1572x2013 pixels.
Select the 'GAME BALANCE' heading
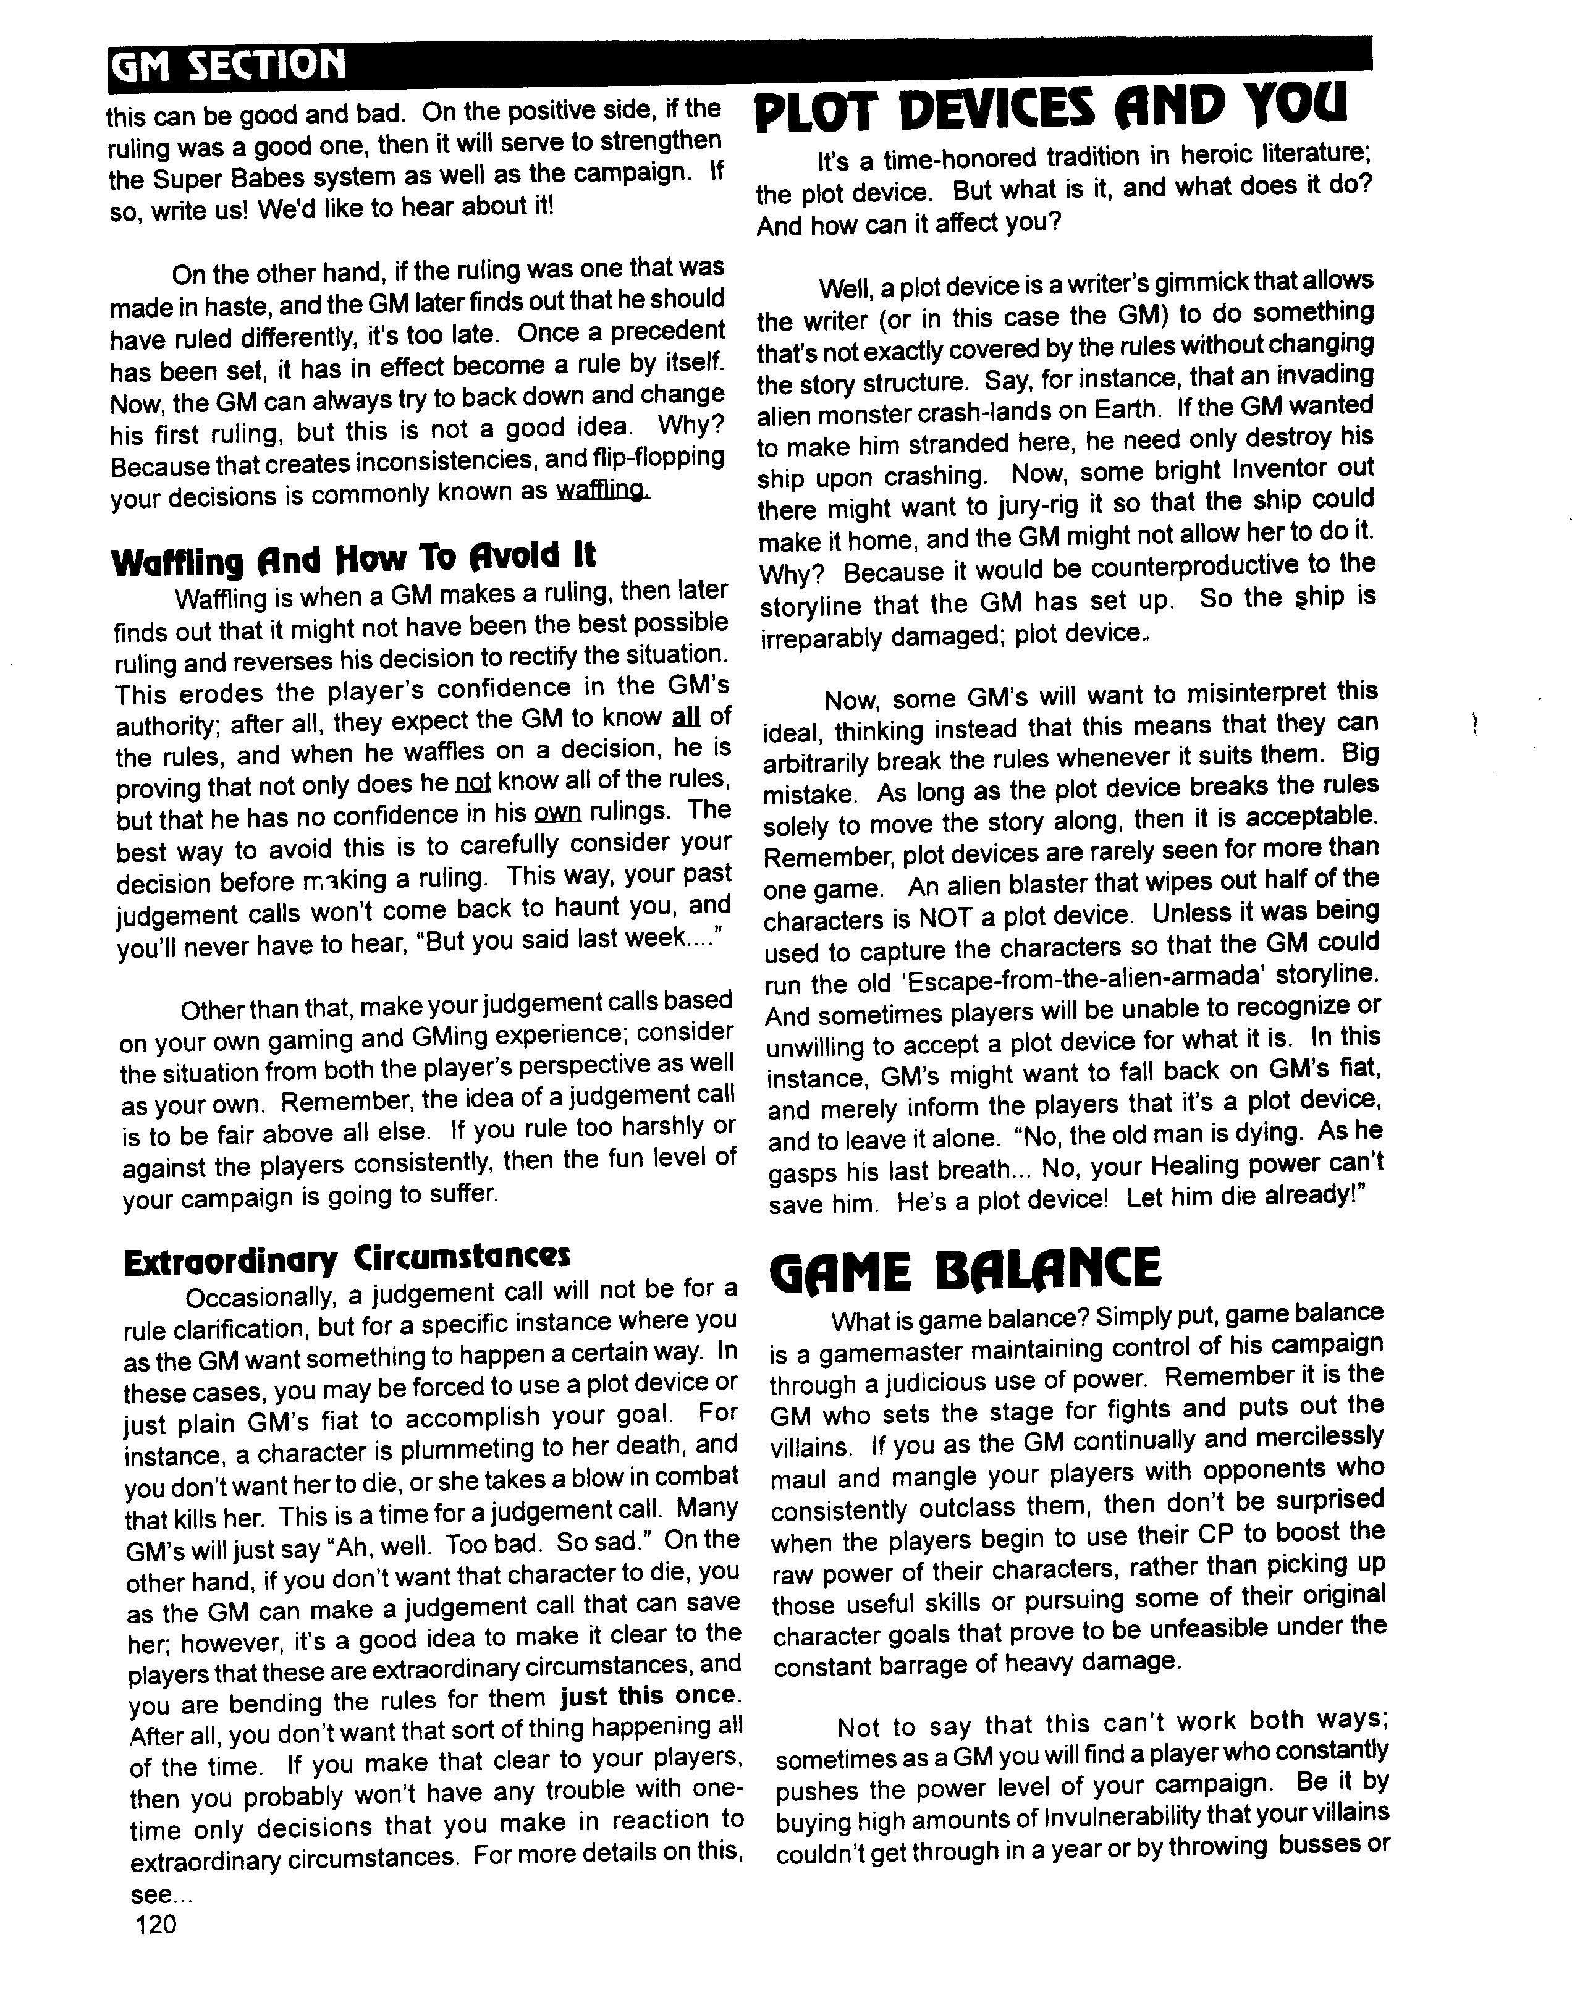965,1269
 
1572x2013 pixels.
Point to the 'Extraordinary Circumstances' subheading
347,1256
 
